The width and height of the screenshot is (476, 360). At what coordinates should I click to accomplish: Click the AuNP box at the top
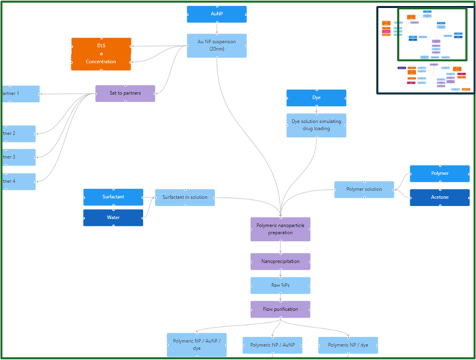tap(217, 14)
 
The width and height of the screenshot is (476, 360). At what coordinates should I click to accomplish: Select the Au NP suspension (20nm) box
tap(217, 46)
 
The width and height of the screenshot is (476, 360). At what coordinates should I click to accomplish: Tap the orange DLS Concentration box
tap(101, 54)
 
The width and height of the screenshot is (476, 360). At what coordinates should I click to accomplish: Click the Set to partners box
tap(125, 93)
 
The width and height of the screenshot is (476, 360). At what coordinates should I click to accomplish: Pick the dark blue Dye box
tap(316, 98)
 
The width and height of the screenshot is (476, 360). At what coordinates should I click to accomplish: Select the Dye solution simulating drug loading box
tap(316, 125)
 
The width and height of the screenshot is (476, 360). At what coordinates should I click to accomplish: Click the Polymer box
tap(439, 173)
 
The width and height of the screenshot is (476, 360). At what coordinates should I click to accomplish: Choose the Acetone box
tap(439, 197)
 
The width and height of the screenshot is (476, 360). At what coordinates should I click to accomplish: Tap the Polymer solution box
tap(364, 189)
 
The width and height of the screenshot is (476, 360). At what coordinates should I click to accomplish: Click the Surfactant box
tap(113, 197)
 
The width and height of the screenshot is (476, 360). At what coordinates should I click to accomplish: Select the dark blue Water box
tap(113, 218)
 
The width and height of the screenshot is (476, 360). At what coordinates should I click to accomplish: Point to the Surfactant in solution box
tap(185, 197)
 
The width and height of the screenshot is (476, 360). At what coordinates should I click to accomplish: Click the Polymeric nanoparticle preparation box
tap(280, 229)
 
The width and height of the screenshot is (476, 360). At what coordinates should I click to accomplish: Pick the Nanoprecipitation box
tap(280, 261)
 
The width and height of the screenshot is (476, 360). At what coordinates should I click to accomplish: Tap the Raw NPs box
tap(280, 285)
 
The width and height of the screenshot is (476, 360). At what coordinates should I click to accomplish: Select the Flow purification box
tap(280, 309)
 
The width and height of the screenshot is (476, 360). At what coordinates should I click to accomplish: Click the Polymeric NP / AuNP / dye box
tap(197, 345)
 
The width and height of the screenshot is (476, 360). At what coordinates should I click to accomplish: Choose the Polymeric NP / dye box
tap(348, 345)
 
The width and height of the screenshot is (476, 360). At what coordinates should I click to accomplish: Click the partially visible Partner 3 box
tap(19, 157)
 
